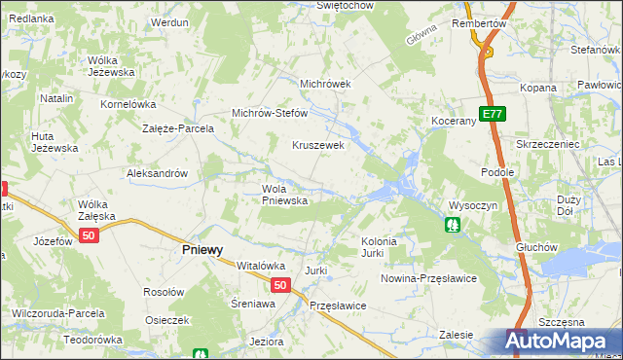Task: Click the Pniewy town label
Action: pos(202,249)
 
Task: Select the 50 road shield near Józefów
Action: pos(90,236)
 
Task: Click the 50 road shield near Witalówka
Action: pos(280,285)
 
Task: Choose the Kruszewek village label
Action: pos(319,145)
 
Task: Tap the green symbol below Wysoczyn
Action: pos(453,226)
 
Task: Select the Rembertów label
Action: pos(480,22)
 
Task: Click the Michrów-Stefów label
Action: pos(269,113)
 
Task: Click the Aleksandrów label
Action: pos(157,173)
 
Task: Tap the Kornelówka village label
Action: pos(128,103)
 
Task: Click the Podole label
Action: pos(497,171)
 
